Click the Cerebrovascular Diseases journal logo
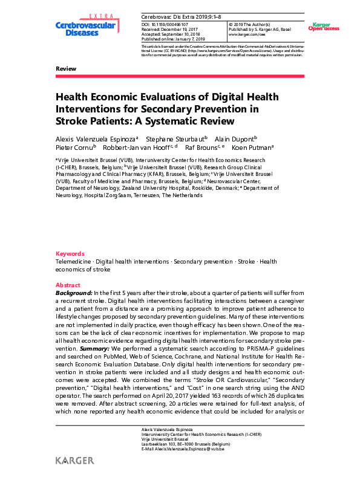tap(79, 25)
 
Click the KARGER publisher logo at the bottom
tap(74, 461)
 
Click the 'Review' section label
tap(65, 69)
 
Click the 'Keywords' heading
tap(70, 253)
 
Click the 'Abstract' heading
tap(68, 285)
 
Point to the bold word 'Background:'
tap(74, 293)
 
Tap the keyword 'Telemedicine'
tap(75, 261)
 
